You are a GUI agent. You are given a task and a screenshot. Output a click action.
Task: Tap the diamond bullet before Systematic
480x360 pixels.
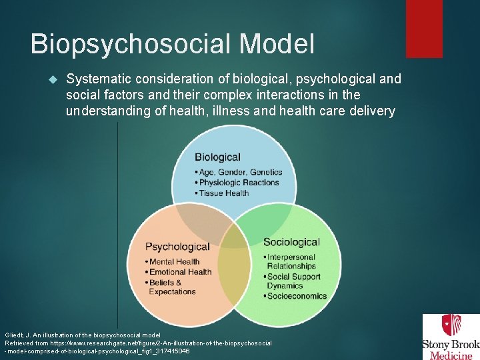tap(55, 79)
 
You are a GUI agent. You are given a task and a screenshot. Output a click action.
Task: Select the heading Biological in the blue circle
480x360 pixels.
tap(217, 157)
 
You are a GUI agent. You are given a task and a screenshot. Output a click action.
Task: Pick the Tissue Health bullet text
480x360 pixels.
tap(223, 193)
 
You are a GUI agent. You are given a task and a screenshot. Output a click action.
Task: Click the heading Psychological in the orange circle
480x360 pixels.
tap(177, 247)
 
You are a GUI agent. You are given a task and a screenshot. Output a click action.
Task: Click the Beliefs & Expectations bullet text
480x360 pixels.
tap(172, 287)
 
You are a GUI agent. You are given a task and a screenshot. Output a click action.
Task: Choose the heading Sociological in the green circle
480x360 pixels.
tap(291, 242)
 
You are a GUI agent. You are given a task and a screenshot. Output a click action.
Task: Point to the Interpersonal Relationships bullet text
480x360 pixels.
tap(292, 261)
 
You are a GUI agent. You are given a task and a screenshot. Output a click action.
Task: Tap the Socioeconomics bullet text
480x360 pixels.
tap(296, 296)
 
